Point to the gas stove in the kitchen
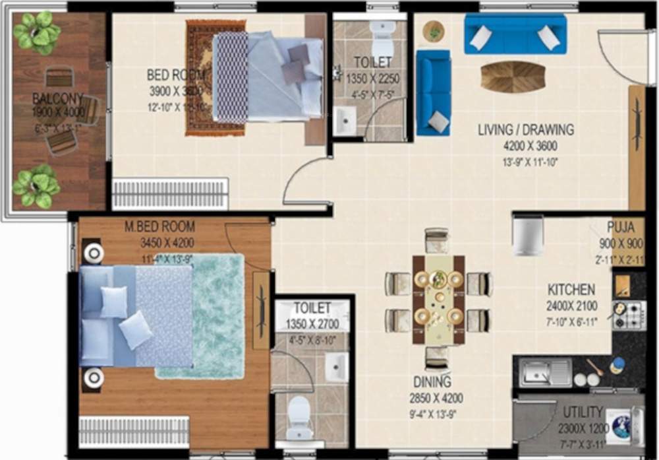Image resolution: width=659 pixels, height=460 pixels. point(629,315)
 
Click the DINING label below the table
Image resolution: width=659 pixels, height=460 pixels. point(433,382)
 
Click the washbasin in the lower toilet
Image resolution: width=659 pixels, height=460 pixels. point(336,367)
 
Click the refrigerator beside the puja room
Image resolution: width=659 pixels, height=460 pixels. point(529,234)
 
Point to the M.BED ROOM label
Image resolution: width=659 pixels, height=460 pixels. point(159,227)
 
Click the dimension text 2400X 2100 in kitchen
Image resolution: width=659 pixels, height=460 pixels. point(571,306)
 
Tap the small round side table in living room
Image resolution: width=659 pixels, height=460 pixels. point(434,30)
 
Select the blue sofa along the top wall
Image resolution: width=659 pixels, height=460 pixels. point(515,34)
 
